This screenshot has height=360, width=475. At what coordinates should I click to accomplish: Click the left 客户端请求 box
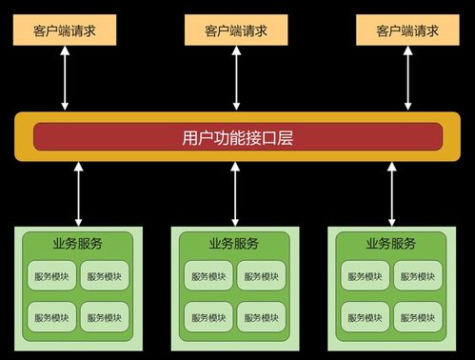click(x=65, y=30)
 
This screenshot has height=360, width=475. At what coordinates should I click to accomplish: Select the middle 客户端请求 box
click(x=236, y=30)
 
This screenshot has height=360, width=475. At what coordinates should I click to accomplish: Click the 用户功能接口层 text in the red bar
click(x=236, y=137)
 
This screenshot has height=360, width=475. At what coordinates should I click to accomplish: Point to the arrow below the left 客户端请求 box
click(x=65, y=78)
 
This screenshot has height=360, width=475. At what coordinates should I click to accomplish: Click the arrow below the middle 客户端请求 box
click(x=236, y=78)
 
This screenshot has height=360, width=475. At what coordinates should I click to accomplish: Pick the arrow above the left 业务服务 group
click(x=79, y=192)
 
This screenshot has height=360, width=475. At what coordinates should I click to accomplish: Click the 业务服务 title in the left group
click(x=78, y=243)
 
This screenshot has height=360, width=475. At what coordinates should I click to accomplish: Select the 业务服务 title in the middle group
click(x=234, y=243)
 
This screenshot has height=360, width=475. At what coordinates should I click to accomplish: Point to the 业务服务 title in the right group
click(x=391, y=243)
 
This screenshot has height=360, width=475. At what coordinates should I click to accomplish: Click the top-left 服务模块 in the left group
click(x=51, y=277)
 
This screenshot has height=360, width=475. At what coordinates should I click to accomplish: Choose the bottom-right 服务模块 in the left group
click(x=105, y=316)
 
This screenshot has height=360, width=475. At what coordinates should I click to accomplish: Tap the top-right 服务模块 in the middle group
click(x=261, y=277)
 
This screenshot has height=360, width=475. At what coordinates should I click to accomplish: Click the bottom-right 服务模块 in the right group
click(x=418, y=316)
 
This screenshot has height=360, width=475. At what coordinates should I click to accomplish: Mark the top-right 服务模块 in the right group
click(x=418, y=277)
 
